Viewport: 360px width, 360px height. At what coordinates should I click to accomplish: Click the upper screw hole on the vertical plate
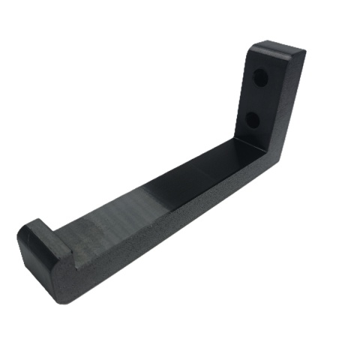point(260,78)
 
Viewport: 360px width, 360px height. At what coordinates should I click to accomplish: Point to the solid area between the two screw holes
point(256,98)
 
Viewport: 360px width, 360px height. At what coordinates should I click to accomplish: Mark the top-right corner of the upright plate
point(304,52)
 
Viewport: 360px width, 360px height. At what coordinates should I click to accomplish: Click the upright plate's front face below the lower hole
point(247,135)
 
